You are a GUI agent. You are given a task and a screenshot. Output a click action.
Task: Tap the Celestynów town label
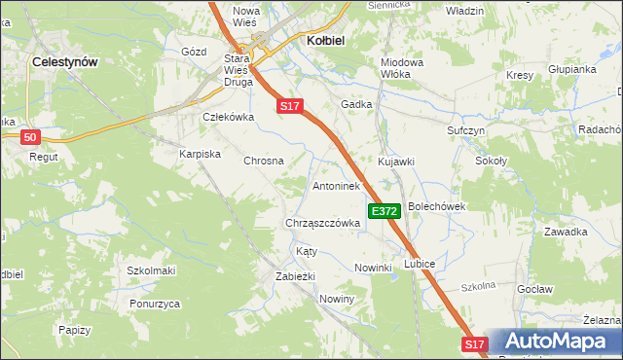pyautogui.click(x=65, y=60)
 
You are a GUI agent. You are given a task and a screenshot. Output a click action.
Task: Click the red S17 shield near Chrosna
pyautogui.click(x=290, y=106)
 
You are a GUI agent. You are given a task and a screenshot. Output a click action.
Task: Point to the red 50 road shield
pyautogui.click(x=30, y=137)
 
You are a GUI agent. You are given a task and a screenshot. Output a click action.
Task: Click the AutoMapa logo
pyautogui.click(x=554, y=342)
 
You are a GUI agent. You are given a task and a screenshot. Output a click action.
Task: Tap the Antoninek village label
pyautogui.click(x=337, y=185)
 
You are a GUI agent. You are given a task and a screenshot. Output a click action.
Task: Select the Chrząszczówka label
pyautogui.click(x=323, y=222)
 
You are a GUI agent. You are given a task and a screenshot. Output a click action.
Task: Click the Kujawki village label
pyautogui.click(x=396, y=161)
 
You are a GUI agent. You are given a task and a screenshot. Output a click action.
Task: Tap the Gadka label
pyautogui.click(x=356, y=103)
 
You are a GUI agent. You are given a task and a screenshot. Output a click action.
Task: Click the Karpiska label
pyautogui.click(x=201, y=154)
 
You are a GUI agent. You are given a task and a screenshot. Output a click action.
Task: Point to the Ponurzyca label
pyautogui.click(x=154, y=304)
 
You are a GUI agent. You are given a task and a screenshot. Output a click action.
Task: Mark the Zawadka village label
pyautogui.click(x=566, y=232)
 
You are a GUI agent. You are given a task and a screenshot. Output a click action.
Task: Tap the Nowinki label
pyautogui.click(x=373, y=268)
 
